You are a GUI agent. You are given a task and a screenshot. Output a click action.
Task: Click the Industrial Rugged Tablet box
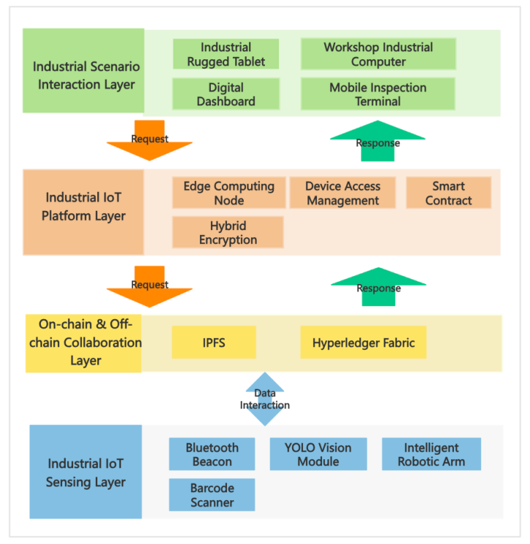point(225,54)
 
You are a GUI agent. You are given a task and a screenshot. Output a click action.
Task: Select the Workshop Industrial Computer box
point(378,54)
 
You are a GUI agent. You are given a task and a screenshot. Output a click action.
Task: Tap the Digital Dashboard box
point(225,94)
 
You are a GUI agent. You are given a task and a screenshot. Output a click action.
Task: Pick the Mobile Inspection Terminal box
point(378,94)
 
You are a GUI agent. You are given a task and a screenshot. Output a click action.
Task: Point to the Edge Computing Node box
point(228,193)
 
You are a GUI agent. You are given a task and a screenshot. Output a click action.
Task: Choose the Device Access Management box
point(343,193)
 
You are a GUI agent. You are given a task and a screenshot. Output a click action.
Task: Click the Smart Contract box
point(448,193)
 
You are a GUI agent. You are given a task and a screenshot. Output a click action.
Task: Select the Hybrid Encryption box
point(228,232)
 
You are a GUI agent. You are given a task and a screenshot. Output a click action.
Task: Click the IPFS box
point(214,343)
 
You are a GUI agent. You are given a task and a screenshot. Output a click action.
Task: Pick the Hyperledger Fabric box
point(363,343)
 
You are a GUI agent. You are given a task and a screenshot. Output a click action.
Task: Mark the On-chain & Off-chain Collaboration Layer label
point(83,342)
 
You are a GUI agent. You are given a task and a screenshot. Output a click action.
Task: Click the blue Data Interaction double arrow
point(264,398)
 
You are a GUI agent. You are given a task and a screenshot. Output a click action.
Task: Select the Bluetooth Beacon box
point(212,454)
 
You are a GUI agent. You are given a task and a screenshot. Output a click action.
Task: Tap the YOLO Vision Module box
point(318,454)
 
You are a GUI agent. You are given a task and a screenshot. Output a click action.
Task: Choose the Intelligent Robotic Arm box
point(431,454)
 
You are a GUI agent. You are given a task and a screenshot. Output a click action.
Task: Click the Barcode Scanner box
point(212,495)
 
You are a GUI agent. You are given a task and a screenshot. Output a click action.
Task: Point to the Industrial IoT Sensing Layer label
point(86,472)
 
